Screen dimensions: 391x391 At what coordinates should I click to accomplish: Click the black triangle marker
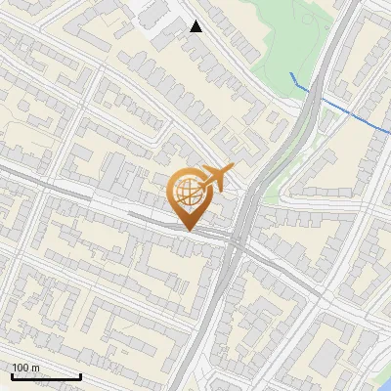(196, 26)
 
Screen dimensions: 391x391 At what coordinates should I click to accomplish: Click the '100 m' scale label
(25, 368)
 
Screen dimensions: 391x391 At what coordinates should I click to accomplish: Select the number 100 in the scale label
(21, 368)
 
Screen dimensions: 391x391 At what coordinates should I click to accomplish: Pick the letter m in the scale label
(36, 368)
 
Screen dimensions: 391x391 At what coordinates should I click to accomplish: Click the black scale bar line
(46, 377)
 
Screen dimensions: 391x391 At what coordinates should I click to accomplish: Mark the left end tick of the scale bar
(12, 375)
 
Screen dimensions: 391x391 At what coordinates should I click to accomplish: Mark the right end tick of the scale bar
(80, 375)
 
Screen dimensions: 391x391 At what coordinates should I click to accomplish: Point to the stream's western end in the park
(291, 74)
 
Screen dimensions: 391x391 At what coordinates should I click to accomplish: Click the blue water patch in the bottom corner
(384, 380)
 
